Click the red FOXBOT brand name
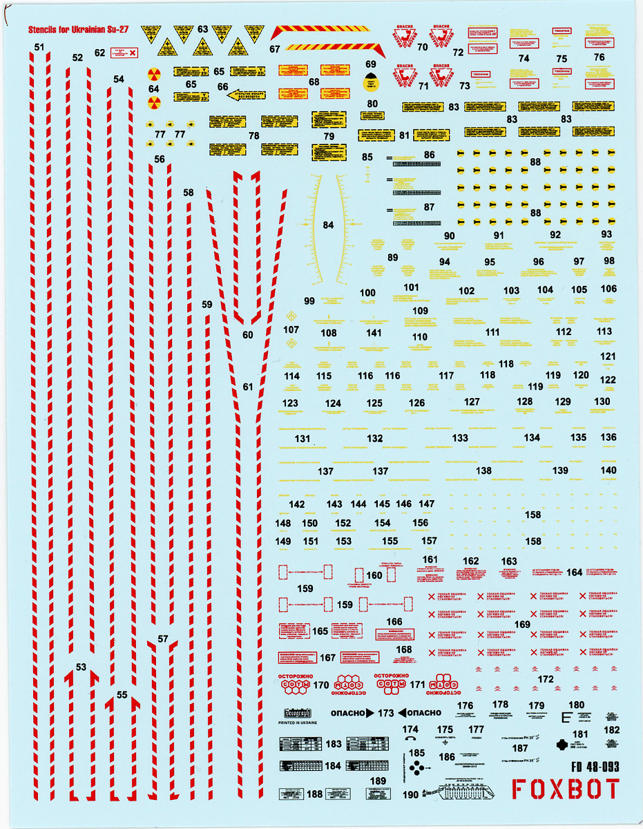[x=566, y=789]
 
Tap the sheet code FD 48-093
[x=595, y=765]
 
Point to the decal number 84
[x=328, y=225]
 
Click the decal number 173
[x=386, y=713]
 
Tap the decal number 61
[x=249, y=387]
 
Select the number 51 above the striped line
[x=39, y=47]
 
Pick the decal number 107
[x=291, y=330]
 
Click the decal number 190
[x=410, y=794]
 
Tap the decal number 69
[x=371, y=64]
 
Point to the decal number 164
[x=574, y=572]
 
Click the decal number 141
[x=374, y=333]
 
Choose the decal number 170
[x=320, y=685]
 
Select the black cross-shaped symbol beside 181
[x=562, y=745]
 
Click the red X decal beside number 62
[x=134, y=52]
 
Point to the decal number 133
[x=460, y=438]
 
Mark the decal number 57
[x=163, y=639]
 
